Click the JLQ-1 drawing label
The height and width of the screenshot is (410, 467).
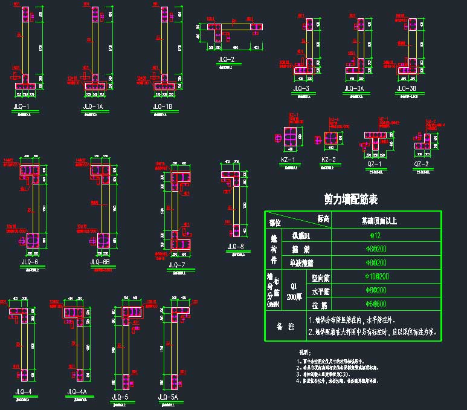22,106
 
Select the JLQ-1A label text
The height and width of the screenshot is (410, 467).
92,106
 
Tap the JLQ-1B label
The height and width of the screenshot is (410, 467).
162,106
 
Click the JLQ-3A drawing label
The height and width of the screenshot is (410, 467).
353,89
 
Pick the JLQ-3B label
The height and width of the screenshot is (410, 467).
406,89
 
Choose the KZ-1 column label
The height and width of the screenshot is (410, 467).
288,160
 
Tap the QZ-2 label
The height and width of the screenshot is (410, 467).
422,164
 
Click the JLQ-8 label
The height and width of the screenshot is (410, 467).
235,246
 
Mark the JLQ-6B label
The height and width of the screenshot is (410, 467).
100,262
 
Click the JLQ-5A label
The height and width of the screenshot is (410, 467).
167,397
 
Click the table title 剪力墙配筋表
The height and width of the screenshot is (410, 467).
351,199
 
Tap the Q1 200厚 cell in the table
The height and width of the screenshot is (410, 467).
294,289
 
